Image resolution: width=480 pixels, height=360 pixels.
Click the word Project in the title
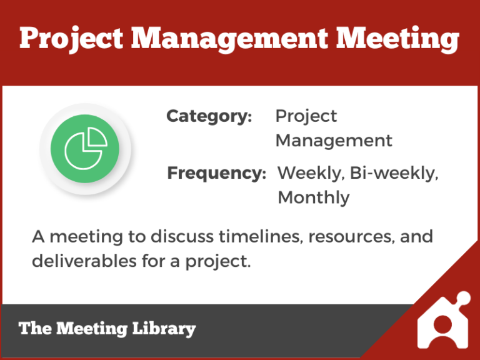70,39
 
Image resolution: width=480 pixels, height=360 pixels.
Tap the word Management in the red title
229,39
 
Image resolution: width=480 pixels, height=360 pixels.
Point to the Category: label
209,116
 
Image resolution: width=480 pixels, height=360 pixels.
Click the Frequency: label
216,173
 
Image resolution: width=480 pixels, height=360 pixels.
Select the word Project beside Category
306,117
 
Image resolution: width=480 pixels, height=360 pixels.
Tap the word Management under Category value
334,141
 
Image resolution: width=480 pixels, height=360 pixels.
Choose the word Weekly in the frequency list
309,173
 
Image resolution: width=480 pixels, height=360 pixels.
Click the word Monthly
313,197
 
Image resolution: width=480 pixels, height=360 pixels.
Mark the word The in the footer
33,329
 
